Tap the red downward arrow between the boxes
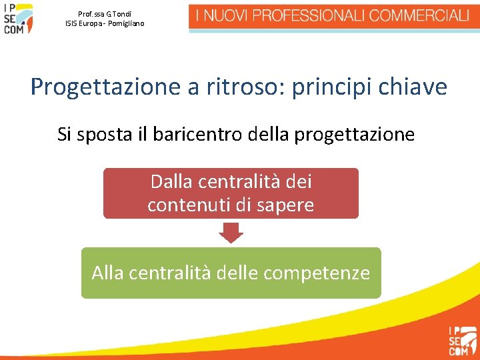tap(231, 233)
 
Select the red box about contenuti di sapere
tap(231, 193)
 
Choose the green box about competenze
tap(231, 273)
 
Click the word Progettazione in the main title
tap(94, 87)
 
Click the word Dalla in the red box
tap(172, 181)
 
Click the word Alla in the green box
tap(107, 273)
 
